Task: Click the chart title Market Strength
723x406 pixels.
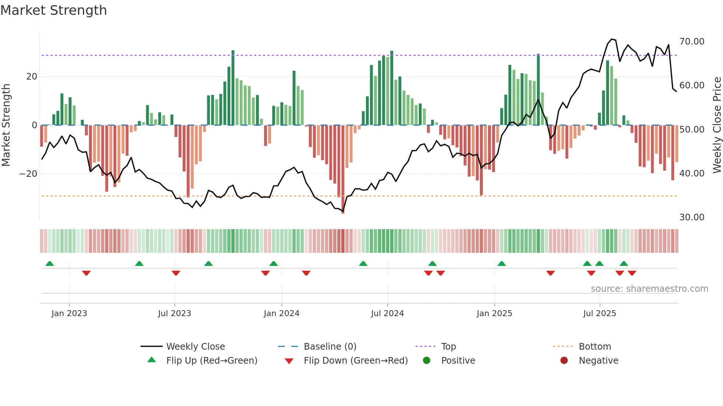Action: coord(53,10)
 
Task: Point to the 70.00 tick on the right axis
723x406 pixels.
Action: coord(692,42)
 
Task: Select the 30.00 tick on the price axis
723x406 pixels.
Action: coord(692,217)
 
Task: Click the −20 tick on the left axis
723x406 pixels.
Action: coord(28,174)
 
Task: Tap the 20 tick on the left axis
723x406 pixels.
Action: coord(32,77)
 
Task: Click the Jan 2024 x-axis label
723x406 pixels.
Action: coord(281,314)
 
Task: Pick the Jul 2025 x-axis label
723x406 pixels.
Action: coord(599,314)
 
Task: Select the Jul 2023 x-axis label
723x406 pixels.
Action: coord(174,314)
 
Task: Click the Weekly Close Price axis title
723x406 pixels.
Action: coord(717,125)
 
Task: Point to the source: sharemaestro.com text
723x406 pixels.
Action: coord(649,289)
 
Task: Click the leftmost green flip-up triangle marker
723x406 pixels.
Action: coord(50,263)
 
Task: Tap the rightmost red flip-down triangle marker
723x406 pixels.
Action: coord(632,273)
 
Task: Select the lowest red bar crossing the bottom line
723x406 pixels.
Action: coord(343,206)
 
